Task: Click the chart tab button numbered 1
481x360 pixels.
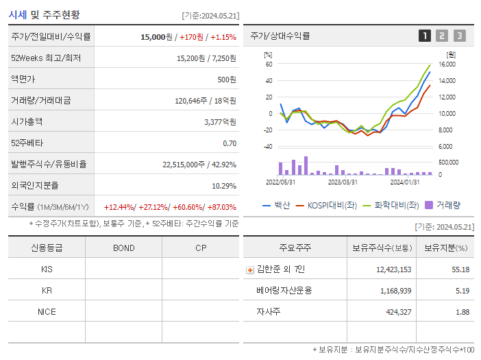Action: click(x=425, y=36)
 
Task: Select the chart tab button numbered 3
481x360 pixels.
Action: click(x=459, y=36)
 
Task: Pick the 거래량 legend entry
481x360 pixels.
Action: click(x=443, y=204)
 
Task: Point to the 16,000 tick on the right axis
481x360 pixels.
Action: click(x=447, y=64)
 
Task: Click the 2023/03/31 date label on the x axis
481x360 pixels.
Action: click(x=343, y=182)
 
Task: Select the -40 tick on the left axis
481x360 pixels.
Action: click(x=268, y=147)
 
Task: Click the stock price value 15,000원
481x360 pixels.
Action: click(x=157, y=36)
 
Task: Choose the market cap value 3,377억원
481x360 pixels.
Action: click(x=220, y=121)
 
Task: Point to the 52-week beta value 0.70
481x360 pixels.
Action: click(x=230, y=143)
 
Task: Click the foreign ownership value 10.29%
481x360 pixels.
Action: click(x=223, y=185)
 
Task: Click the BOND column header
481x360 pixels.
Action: click(x=123, y=248)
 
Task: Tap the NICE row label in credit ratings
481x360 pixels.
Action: click(x=47, y=312)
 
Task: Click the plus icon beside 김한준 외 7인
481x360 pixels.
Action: click(x=250, y=269)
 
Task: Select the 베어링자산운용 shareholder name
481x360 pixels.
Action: click(x=284, y=291)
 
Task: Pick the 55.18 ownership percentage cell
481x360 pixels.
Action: click(x=460, y=269)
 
